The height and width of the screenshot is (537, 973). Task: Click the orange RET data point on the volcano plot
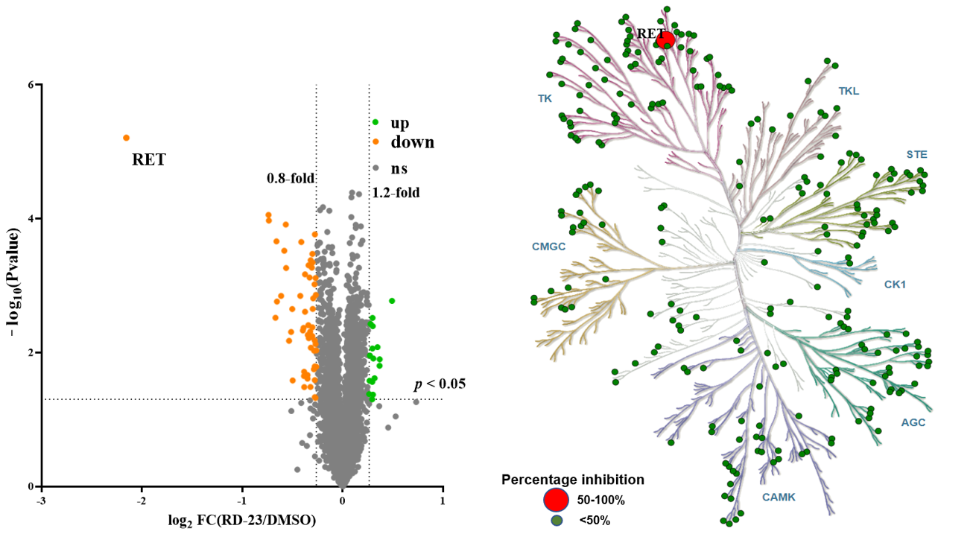click(x=126, y=138)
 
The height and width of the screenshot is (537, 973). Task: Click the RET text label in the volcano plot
click(x=149, y=159)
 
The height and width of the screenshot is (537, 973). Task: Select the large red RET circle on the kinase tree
click(x=665, y=40)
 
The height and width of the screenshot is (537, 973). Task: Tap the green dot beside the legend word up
click(x=376, y=122)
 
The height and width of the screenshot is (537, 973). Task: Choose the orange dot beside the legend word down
click(x=376, y=142)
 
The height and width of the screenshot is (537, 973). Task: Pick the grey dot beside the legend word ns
click(x=376, y=168)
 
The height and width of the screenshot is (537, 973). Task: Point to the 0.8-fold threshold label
click(x=291, y=179)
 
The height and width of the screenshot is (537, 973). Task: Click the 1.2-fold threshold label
click(x=396, y=193)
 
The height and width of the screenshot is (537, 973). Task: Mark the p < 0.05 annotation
click(x=440, y=384)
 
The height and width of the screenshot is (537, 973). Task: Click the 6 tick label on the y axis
click(x=31, y=85)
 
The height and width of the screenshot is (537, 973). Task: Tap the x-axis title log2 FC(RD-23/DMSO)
click(x=243, y=520)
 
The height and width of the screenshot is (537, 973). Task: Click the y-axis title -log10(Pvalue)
click(x=16, y=286)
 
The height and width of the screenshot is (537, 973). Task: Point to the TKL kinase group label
click(x=849, y=92)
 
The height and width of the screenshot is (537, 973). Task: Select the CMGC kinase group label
click(x=549, y=246)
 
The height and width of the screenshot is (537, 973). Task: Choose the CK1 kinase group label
click(x=895, y=284)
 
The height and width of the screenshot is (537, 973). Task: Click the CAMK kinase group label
click(x=779, y=496)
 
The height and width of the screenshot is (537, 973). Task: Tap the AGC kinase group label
click(x=913, y=422)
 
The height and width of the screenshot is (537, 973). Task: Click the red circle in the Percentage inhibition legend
click(x=557, y=499)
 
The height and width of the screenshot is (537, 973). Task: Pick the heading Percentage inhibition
click(x=573, y=480)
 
